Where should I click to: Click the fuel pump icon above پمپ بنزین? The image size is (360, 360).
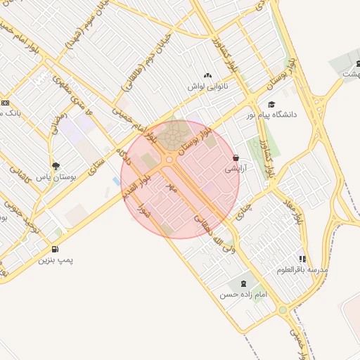56,250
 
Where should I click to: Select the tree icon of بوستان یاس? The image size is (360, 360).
56,167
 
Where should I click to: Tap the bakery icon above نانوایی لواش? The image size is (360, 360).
207,76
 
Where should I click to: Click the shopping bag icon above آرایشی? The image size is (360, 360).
235,158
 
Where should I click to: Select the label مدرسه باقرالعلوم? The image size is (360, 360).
302,270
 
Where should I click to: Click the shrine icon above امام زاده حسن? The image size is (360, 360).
243,283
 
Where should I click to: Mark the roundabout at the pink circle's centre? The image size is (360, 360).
169,160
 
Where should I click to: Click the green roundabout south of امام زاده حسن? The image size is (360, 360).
282,310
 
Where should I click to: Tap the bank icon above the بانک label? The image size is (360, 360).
5,103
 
